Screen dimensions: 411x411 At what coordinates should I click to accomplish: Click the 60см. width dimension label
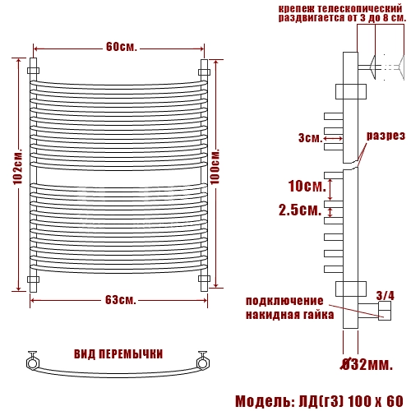click(121, 47)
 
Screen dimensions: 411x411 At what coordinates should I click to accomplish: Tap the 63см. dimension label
click(121, 300)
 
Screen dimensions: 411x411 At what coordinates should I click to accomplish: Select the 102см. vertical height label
click(18, 167)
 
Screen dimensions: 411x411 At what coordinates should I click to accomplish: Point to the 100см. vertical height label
click(215, 167)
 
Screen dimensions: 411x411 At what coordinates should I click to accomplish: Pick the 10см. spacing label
click(307, 187)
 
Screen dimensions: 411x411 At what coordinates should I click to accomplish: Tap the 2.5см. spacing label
click(300, 210)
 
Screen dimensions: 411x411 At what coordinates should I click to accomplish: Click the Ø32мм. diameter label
click(367, 364)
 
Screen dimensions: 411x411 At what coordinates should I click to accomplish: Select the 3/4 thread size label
click(386, 296)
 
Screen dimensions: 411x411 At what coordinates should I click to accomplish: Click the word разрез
click(386, 136)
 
